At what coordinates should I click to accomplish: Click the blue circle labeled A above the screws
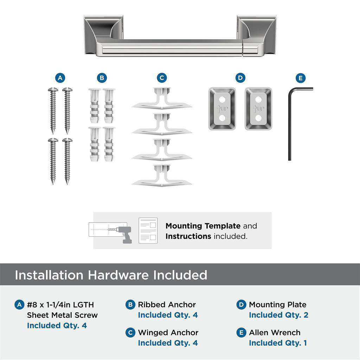click(60, 78)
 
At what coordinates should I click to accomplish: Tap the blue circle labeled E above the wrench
click(301, 78)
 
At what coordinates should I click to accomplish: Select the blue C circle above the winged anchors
click(162, 78)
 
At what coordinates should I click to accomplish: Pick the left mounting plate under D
click(222, 109)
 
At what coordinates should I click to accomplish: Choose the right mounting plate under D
click(258, 109)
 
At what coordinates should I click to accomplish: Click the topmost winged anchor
click(162, 100)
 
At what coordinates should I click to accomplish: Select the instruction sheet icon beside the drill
click(148, 230)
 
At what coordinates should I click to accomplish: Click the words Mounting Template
click(203, 226)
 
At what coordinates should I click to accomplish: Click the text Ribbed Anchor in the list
click(167, 304)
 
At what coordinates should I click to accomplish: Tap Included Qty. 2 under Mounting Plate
click(278, 315)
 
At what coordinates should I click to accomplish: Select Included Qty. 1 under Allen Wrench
click(278, 343)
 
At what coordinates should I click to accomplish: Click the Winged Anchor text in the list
click(168, 332)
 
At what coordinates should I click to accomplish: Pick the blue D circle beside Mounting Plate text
click(241, 304)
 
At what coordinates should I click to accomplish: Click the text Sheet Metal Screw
click(62, 315)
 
